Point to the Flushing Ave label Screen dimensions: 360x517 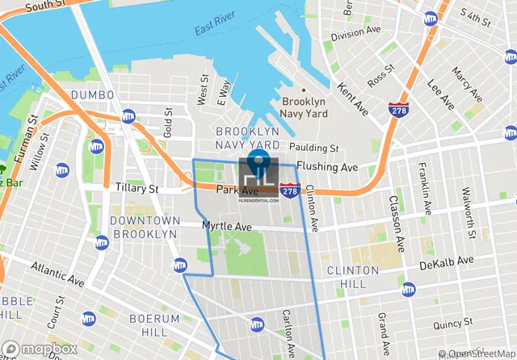coord(326,167)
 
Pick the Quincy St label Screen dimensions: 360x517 coord(452,325)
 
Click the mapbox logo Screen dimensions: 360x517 coord(39,349)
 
